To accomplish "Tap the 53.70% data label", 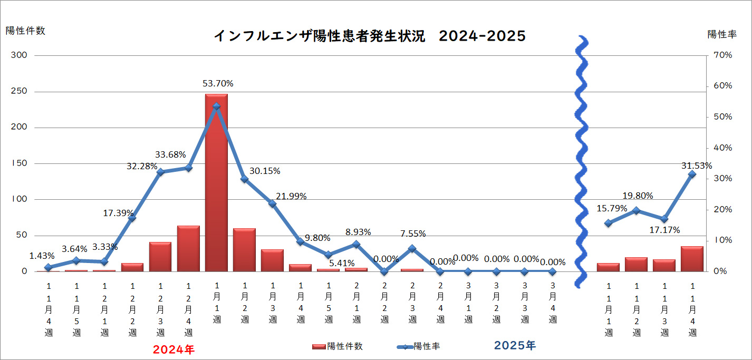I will pyautogui.click(x=218, y=83).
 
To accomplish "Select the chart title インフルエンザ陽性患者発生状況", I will pyautogui.click(x=319, y=36).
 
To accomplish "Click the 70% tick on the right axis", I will pyautogui.click(x=723, y=55).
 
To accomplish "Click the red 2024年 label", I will pyautogui.click(x=173, y=349).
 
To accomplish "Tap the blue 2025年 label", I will pyautogui.click(x=515, y=346).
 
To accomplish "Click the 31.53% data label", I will pyautogui.click(x=696, y=166).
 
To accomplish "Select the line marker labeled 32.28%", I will pyautogui.click(x=160, y=172).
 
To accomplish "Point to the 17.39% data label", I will pyautogui.click(x=119, y=213).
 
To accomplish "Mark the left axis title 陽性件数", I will pyautogui.click(x=25, y=31).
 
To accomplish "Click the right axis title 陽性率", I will pyautogui.click(x=722, y=34).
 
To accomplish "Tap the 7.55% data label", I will pyautogui.click(x=412, y=233).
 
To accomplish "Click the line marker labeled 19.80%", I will pyautogui.click(x=636, y=210).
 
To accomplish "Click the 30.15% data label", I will pyautogui.click(x=265, y=171).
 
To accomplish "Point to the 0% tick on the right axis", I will pyautogui.click(x=720, y=271).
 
